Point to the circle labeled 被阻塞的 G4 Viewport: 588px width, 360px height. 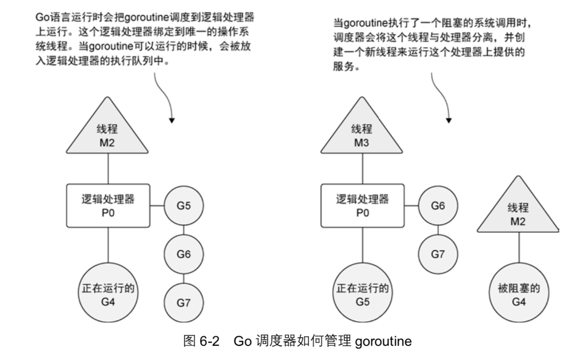pyautogui.click(x=518, y=294)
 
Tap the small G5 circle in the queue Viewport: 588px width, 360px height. pyautogui.click(x=183, y=206)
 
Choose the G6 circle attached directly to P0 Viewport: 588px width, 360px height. pyautogui.click(x=438, y=206)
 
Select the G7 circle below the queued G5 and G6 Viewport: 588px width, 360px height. pyautogui.click(x=183, y=302)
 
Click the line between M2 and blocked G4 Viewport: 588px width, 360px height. pyautogui.click(x=518, y=247)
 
